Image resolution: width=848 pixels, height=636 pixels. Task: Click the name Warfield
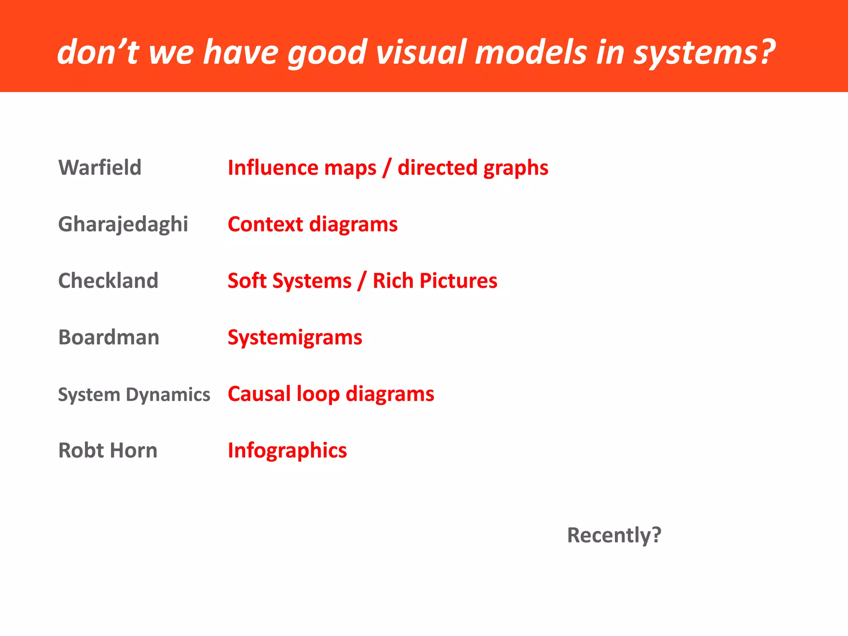100,168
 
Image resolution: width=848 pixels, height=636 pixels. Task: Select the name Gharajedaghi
123,224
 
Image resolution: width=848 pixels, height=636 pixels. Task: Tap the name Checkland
108,281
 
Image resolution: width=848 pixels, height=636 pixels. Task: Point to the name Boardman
108,337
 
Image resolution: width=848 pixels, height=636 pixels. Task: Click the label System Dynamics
134,394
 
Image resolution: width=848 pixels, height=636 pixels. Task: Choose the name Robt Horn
108,450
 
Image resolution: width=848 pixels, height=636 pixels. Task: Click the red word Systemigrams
295,337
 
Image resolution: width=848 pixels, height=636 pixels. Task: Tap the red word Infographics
287,450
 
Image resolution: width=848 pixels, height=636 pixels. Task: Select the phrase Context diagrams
313,224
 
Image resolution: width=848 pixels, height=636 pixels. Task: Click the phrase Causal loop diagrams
331,394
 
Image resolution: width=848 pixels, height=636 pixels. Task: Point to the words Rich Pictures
435,281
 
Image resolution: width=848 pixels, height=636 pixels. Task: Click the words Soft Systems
289,281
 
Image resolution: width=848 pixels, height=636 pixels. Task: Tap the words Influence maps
302,168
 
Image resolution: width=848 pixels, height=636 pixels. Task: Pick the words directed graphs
473,168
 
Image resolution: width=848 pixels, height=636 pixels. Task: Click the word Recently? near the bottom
614,535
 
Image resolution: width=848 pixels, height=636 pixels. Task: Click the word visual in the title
421,53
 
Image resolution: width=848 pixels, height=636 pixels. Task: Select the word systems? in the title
704,53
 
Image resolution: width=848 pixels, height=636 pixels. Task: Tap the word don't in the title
98,53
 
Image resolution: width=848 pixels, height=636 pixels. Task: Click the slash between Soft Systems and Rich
362,281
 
